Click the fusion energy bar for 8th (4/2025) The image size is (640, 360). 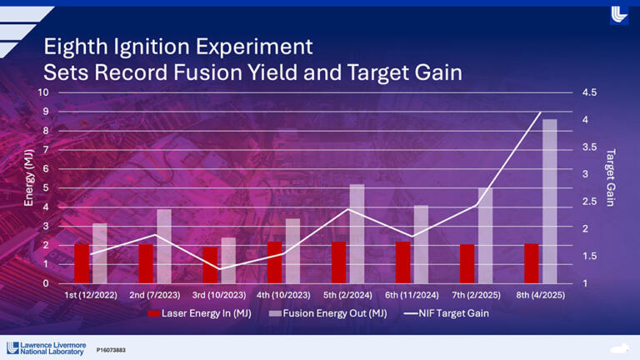(549, 202)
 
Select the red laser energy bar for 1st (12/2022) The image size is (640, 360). (82, 262)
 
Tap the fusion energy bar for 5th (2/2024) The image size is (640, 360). (357, 234)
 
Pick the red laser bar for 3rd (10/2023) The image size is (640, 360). (210, 265)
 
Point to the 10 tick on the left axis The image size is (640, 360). (43, 92)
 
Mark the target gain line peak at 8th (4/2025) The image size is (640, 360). (542, 112)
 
